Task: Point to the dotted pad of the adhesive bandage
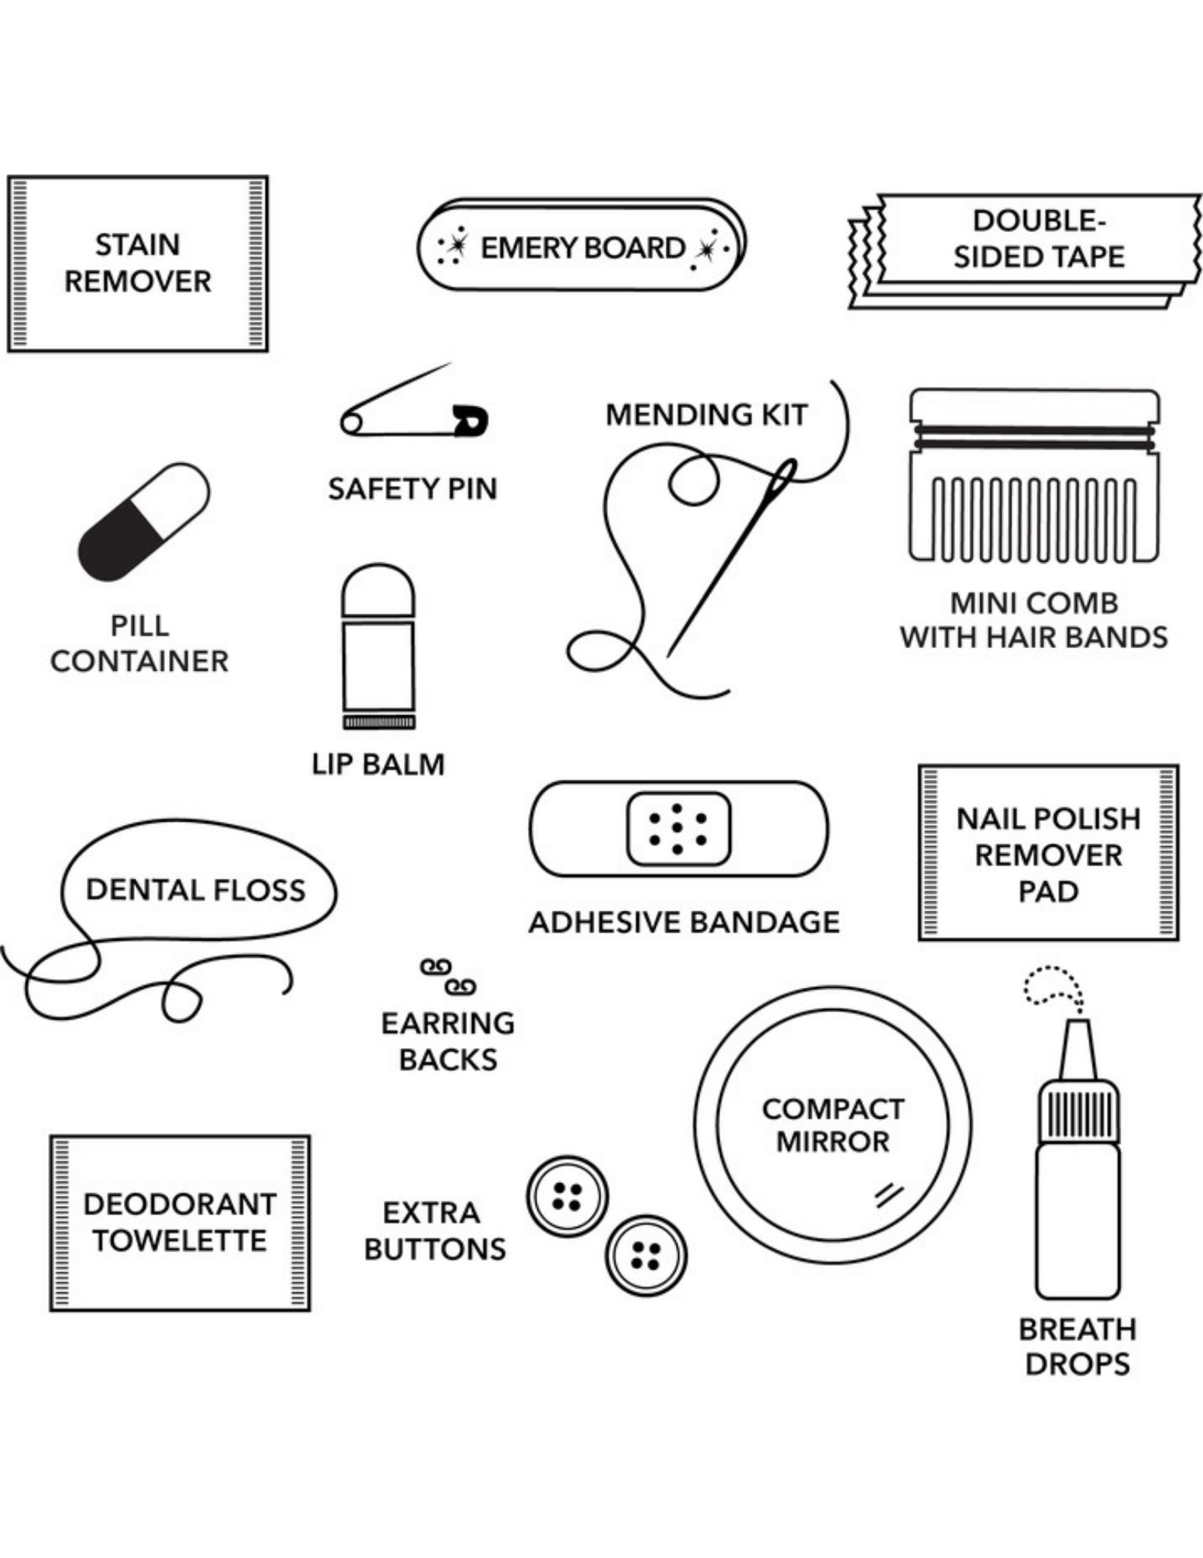[x=678, y=829]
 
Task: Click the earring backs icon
[x=448, y=976]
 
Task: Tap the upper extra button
[x=567, y=1196]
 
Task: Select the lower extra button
[x=645, y=1255]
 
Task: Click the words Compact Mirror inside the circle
[x=833, y=1125]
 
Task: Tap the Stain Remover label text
[x=137, y=263]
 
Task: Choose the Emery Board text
[x=583, y=247]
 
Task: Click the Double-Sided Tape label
[x=1039, y=239]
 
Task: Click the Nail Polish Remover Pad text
[x=1048, y=854]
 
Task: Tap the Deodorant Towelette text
[x=180, y=1222]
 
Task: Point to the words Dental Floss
[x=196, y=890]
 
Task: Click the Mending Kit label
[x=706, y=414]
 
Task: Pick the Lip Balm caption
[x=378, y=764]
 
